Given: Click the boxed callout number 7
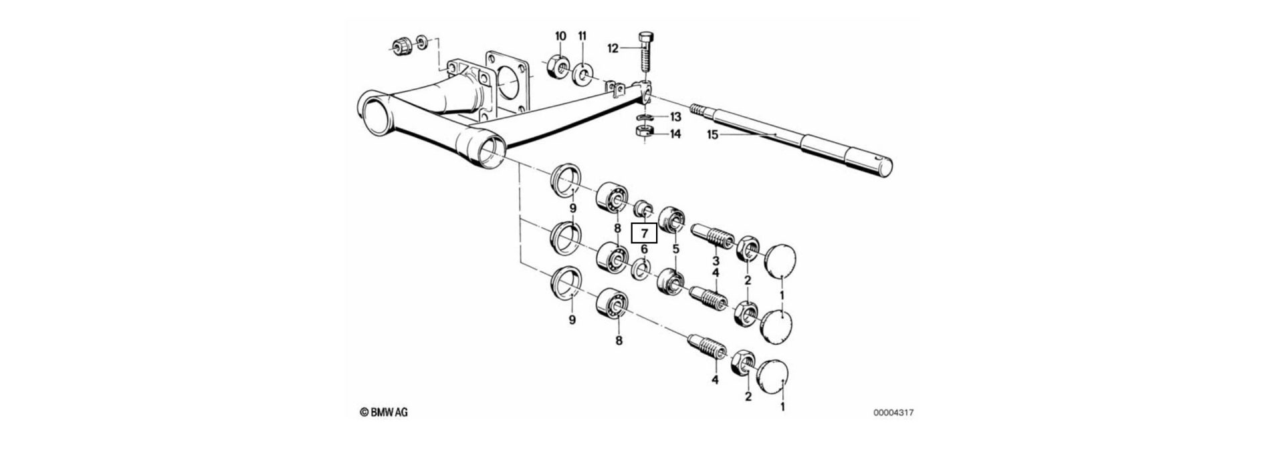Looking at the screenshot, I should coord(644,233).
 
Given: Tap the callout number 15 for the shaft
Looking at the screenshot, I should coord(713,135).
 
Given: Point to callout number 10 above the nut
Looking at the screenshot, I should coord(560,35).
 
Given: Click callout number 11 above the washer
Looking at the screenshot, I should coord(582,35).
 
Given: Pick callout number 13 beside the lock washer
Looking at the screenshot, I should coord(675,116).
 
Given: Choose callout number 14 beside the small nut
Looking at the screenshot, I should coord(675,134).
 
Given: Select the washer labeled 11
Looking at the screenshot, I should coord(582,71).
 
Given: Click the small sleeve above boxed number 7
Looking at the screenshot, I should coord(643,207).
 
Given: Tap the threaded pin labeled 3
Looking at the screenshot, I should coord(712,237).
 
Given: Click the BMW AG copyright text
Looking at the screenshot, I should coord(383,412).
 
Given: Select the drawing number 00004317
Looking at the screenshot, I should coord(893,413).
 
